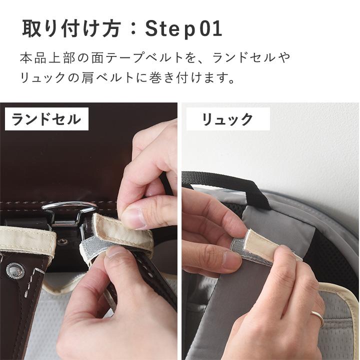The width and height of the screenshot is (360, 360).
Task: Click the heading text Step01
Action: pos(183,29)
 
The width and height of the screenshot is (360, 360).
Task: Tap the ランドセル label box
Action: pos(46,119)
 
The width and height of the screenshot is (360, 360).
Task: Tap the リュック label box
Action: pos(227,119)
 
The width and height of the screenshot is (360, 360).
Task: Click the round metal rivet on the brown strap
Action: pos(14,270)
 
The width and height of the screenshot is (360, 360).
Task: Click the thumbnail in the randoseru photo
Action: pos(133,218)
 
